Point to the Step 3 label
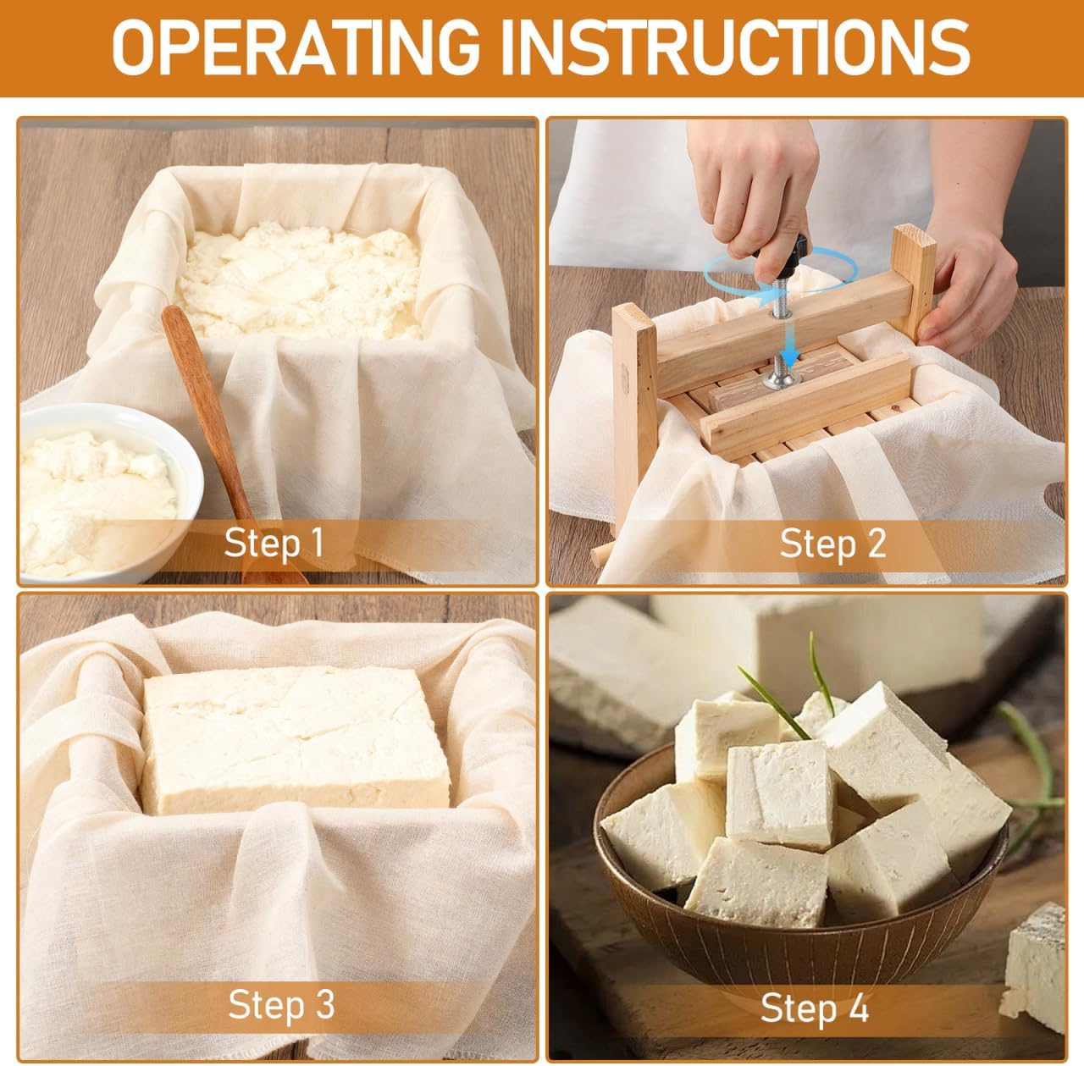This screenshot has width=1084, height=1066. coord(281,1005)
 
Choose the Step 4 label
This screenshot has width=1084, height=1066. coord(815,1008)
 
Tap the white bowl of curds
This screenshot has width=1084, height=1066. coord(97,491)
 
